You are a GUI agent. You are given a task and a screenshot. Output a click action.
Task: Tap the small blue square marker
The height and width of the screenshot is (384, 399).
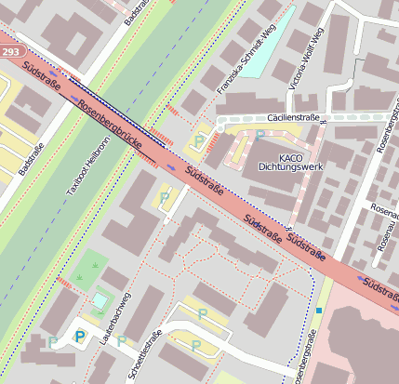click(x=318, y=310)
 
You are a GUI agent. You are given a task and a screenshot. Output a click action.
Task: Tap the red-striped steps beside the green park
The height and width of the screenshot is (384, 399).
click(x=65, y=280)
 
